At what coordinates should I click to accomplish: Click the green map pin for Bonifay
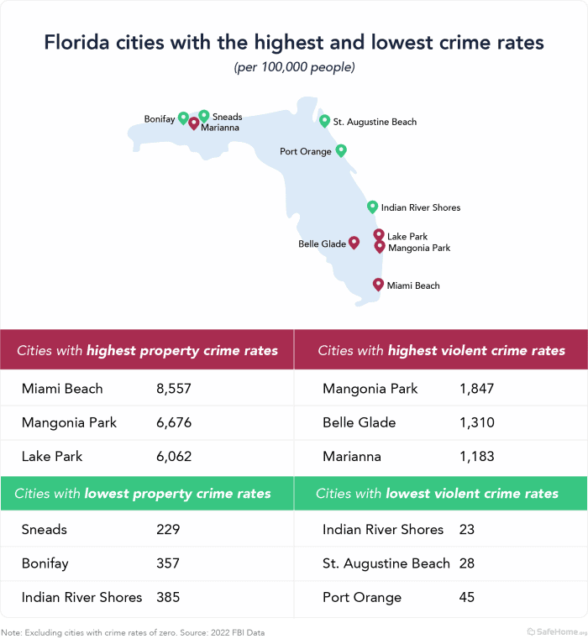(183, 118)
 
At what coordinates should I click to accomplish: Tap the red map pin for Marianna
(194, 123)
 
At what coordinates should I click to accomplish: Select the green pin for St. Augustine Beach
(325, 120)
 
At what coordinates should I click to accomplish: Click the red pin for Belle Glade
(354, 242)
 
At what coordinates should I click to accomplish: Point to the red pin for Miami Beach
(378, 284)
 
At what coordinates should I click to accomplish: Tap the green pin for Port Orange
(341, 150)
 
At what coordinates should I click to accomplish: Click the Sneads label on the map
(227, 117)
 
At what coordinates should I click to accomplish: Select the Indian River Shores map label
(420, 207)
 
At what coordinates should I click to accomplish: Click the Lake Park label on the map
(407, 237)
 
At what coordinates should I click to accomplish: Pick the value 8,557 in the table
(174, 389)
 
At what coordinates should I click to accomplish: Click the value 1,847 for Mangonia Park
(477, 389)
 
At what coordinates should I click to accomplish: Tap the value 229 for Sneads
(168, 530)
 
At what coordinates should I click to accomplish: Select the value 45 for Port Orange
(467, 598)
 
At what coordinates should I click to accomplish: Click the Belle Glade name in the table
(359, 422)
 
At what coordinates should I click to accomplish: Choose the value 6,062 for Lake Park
(174, 457)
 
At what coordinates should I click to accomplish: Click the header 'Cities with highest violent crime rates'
(441, 350)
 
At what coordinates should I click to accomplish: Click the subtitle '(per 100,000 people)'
(294, 67)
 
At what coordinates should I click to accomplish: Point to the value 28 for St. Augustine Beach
(467, 563)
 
